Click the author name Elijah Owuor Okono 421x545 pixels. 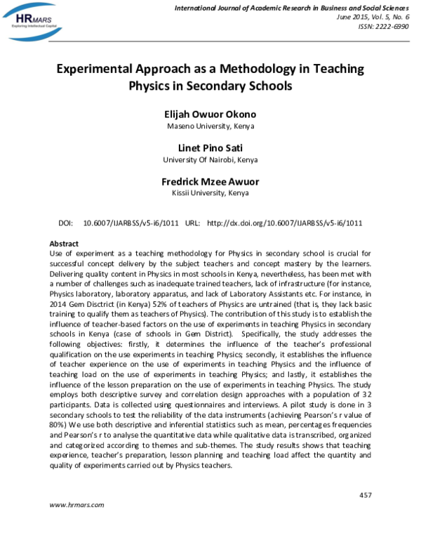(x=210, y=115)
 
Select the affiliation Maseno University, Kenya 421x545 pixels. (x=210, y=127)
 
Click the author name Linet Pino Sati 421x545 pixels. (x=210, y=148)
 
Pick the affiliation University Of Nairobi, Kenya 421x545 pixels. (x=210, y=160)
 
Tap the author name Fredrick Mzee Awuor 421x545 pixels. (x=210, y=181)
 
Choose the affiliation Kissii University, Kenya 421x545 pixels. (x=210, y=193)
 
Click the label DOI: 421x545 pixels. (x=67, y=223)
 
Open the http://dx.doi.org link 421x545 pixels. (x=285, y=223)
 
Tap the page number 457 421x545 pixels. (x=365, y=496)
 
